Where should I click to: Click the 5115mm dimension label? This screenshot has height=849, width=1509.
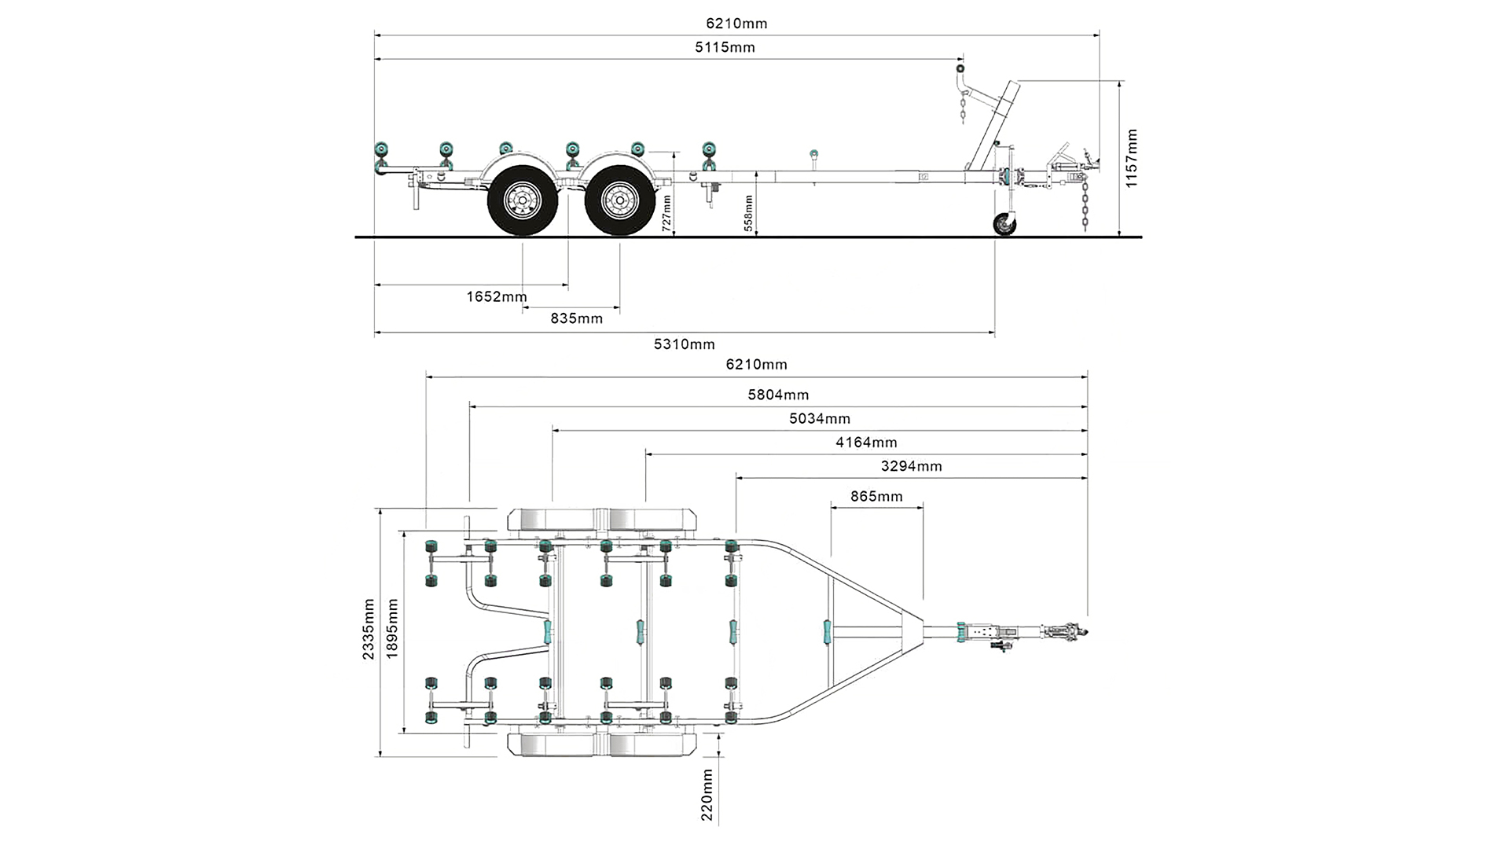point(725,47)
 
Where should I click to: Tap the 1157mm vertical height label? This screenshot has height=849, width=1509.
point(1131,158)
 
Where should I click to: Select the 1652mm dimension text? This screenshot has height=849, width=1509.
point(497,296)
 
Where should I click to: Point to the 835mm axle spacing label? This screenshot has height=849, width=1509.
point(577,318)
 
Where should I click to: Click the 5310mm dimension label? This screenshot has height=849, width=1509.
point(685,344)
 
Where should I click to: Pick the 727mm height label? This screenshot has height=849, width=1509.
point(666,212)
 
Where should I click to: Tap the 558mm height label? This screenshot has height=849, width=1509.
point(749,213)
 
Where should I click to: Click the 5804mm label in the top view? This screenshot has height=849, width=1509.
point(778,395)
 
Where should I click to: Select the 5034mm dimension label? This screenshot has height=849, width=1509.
point(820,419)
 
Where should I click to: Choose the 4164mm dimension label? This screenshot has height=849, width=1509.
point(866,443)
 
